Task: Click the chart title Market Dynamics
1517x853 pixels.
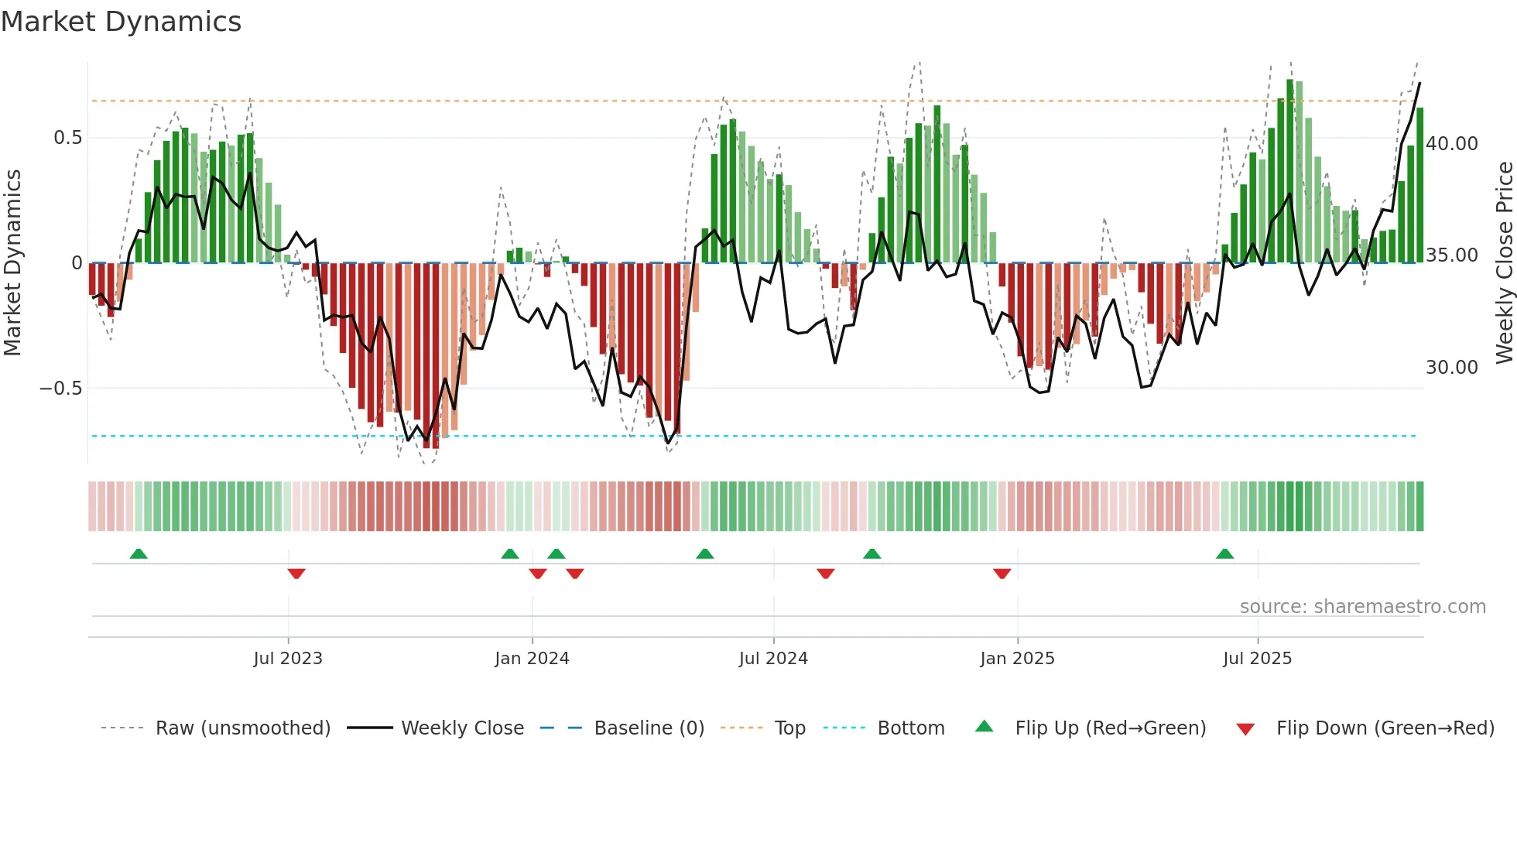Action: [121, 22]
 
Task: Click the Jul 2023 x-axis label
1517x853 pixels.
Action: [288, 659]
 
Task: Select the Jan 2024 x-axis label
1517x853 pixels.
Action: [532, 659]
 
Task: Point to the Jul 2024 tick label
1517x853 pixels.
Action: [773, 659]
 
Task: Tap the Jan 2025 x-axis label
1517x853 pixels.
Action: [1017, 659]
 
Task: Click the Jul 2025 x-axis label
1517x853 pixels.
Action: [1257, 659]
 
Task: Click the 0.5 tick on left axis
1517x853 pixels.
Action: [67, 138]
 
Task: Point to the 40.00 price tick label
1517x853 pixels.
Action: [1452, 144]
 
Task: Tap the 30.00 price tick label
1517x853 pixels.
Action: [1452, 368]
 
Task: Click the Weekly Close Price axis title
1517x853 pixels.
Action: [1504, 263]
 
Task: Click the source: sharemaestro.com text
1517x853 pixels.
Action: [1362, 607]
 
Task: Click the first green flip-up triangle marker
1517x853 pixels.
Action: [139, 553]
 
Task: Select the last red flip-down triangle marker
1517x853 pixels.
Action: [1002, 574]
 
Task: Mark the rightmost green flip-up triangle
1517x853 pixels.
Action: [1224, 553]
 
